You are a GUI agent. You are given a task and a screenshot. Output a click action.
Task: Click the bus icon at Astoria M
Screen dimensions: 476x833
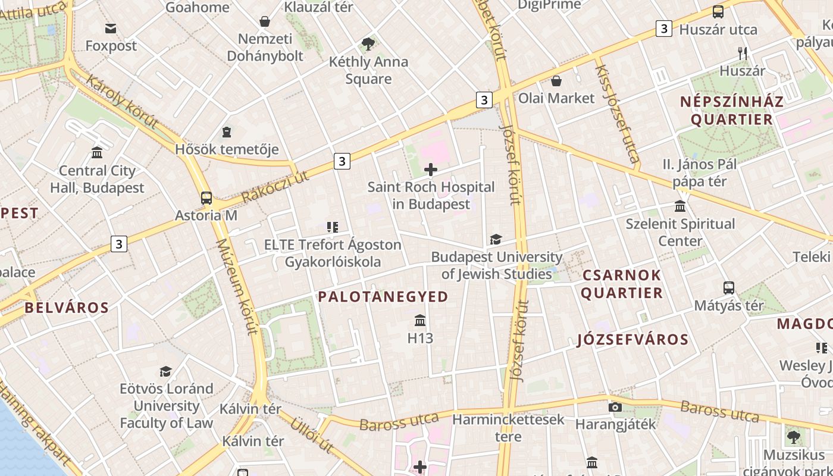[206, 198]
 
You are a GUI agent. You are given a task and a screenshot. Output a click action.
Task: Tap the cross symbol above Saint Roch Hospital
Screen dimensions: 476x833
[430, 170]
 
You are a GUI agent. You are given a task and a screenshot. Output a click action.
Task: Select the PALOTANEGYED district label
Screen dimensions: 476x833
[383, 297]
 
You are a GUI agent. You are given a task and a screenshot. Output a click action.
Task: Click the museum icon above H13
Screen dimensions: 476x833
[420, 321]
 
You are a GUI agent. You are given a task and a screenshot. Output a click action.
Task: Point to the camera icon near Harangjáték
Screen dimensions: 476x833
[615, 407]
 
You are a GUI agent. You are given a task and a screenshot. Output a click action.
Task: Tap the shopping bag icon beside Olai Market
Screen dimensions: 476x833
[556, 81]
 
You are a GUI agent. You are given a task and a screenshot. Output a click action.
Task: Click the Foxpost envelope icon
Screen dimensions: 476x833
[111, 29]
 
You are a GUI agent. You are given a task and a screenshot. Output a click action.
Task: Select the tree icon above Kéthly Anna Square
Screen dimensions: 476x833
[368, 43]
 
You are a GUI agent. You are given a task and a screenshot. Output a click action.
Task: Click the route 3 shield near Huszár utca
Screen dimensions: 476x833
[664, 29]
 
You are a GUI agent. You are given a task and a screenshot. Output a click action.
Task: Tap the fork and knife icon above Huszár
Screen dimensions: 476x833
[742, 54]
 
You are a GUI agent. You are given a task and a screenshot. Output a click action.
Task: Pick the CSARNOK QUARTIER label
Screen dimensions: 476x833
[622, 284]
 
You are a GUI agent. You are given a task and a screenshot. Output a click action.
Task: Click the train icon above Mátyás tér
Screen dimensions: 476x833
[729, 288]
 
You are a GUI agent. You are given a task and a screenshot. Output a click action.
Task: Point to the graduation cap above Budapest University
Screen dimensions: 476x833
[496, 240]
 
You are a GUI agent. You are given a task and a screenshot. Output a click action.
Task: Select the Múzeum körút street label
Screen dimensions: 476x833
[237, 287]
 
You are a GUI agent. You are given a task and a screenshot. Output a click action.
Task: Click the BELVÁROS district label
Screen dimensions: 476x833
[67, 308]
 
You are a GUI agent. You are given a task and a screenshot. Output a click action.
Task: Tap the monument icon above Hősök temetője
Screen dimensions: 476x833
[227, 131]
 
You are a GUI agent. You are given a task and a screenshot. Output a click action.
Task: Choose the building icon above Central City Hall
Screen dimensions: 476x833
[97, 153]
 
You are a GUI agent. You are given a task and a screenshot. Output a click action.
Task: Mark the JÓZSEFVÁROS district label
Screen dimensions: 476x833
[633, 340]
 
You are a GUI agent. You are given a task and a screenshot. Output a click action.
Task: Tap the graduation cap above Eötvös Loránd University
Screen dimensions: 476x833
[166, 371]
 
